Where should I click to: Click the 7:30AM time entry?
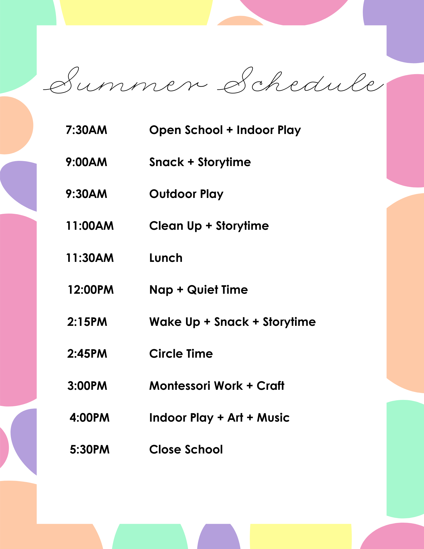point(86,130)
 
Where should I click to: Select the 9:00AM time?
point(86,162)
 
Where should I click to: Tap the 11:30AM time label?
point(90,258)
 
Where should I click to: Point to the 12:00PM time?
point(91,290)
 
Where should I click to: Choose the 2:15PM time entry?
point(87,322)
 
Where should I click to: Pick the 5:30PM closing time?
point(89,450)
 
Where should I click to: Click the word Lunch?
point(166,258)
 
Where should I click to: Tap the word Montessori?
point(180,386)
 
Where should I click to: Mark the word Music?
point(273,418)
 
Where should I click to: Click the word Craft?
point(270,386)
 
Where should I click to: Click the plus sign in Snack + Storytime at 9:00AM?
point(191,162)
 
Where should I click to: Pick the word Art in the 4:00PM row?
point(235,418)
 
